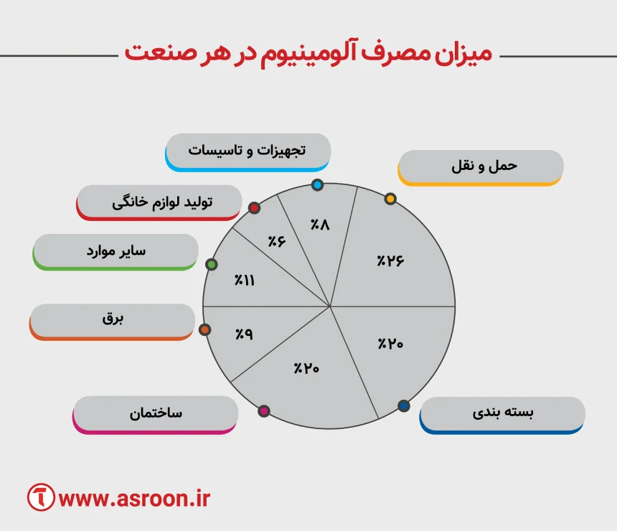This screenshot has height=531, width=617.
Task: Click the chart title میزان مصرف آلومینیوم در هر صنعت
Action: [308, 55]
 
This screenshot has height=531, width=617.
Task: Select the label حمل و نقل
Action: [481, 166]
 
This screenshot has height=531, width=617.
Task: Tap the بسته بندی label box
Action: [502, 413]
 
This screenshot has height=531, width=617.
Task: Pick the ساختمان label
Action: [156, 413]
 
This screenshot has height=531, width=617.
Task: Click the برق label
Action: [113, 320]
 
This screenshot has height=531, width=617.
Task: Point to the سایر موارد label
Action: [116, 250]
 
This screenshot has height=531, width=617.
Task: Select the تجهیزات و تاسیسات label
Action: [248, 151]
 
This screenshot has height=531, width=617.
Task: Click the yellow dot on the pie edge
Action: [390, 199]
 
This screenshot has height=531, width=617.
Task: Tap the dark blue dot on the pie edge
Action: [403, 406]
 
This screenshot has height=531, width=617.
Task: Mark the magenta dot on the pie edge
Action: [264, 411]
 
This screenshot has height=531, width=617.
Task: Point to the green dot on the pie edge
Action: [211, 265]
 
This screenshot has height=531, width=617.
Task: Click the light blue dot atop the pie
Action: [318, 185]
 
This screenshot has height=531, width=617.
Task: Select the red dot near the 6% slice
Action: [253, 208]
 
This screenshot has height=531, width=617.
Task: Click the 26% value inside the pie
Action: [391, 260]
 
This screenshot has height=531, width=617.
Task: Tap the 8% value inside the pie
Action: [319, 225]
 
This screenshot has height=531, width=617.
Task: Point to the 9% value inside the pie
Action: [245, 334]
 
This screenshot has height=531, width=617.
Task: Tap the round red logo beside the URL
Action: [42, 497]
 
